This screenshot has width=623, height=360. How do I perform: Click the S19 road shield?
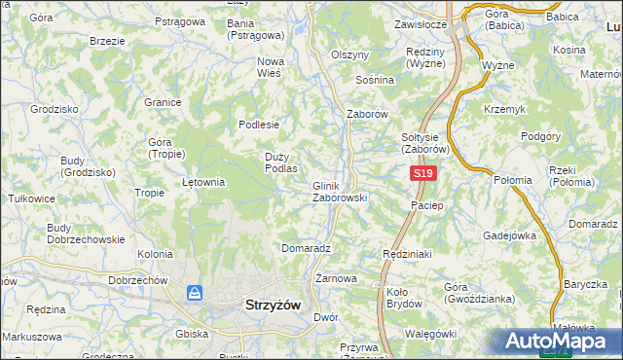pos(421,173)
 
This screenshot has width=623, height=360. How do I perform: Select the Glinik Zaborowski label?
pos(339,191)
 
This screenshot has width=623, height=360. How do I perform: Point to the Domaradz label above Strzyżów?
pos(307,248)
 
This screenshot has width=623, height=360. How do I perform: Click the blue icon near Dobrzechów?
pos(195,292)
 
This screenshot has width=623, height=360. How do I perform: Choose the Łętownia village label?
pos(204,181)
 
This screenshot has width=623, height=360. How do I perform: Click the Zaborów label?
pos(368,114)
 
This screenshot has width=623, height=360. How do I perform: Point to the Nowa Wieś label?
pos(270,67)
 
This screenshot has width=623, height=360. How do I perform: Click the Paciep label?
pos(427,206)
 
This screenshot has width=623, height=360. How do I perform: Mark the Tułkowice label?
pos(30,197)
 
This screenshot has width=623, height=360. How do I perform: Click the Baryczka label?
pos(584,285)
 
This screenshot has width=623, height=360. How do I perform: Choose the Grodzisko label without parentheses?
pos(54,109)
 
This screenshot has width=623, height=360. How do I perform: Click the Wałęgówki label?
pos(428,334)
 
